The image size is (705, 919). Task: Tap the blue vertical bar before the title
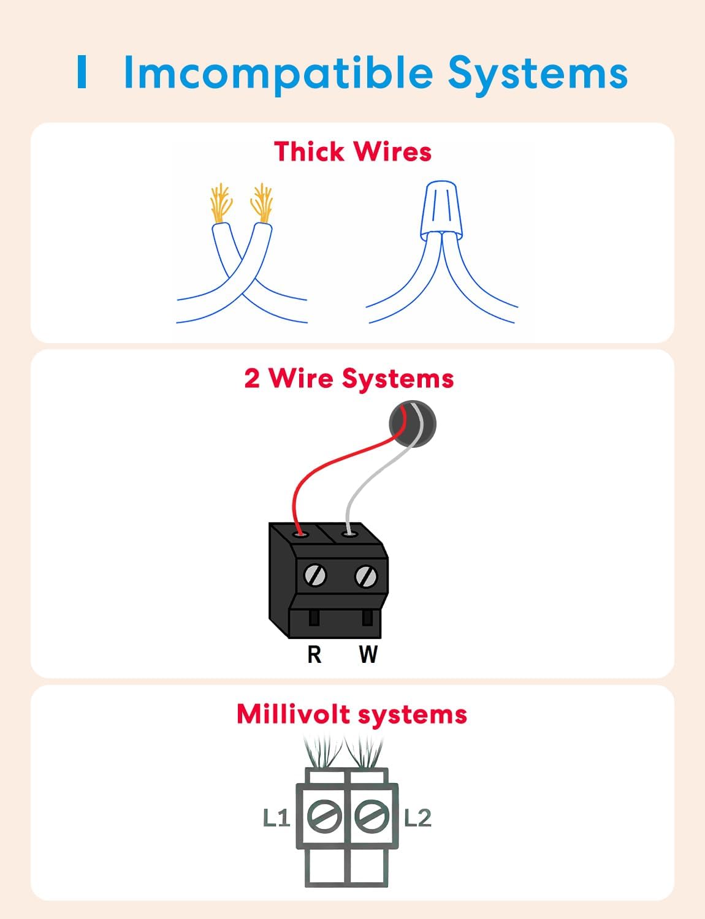82,72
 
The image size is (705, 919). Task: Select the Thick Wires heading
352,152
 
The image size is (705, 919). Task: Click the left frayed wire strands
221,202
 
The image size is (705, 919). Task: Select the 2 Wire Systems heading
349,378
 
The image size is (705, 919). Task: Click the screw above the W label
366,576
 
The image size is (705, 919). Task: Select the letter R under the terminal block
314,654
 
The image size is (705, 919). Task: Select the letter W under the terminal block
368,654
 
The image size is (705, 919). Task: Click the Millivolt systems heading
352,714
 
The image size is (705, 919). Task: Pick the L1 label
276,818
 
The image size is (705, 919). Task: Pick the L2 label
418,818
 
